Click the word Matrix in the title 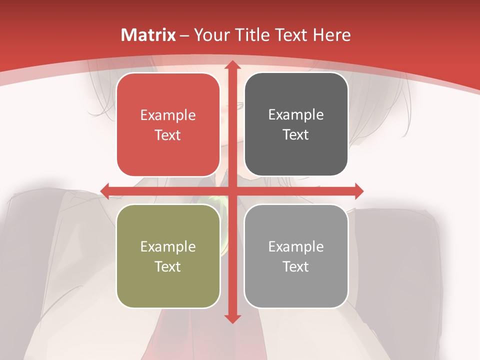[x=148, y=35]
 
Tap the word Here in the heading [x=332, y=35]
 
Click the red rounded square [x=168, y=125]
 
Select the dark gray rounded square [x=296, y=124]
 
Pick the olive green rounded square [x=168, y=256]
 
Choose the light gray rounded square [x=296, y=256]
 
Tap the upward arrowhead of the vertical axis [x=232, y=65]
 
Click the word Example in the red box [x=168, y=115]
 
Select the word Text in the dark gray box [x=296, y=135]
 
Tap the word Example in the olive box [x=168, y=246]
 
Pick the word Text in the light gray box [x=296, y=266]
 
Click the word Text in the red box [x=168, y=135]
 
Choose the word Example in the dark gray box [x=296, y=115]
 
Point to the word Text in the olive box [x=168, y=266]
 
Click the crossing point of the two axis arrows [x=232, y=191]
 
